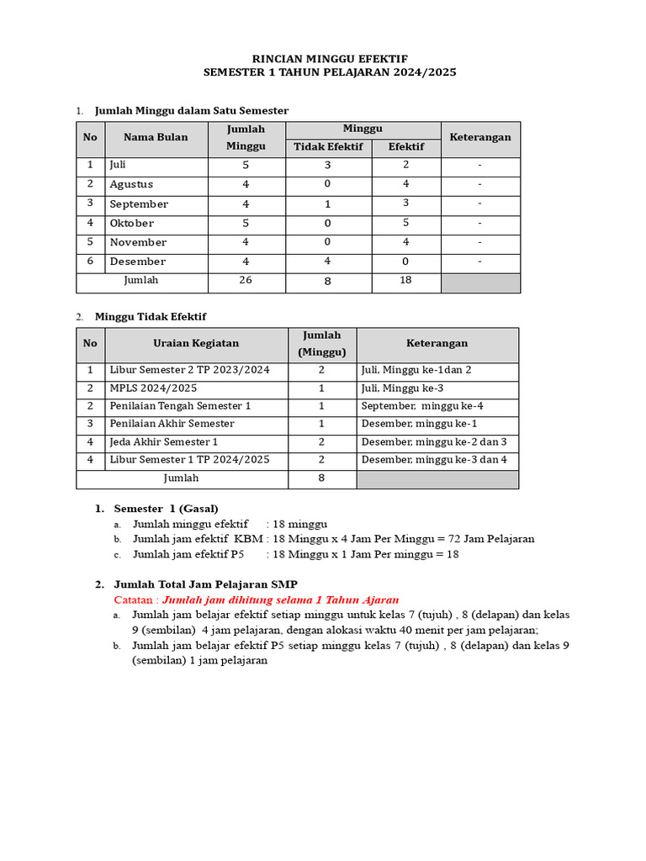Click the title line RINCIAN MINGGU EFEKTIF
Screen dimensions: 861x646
(x=330, y=58)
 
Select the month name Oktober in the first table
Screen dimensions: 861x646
(x=131, y=224)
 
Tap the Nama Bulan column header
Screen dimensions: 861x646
(x=156, y=138)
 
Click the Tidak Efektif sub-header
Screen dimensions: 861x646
(x=327, y=147)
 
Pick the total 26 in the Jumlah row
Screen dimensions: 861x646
(x=246, y=281)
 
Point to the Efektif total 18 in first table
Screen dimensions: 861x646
(x=405, y=281)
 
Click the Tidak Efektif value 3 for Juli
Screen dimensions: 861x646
(x=327, y=166)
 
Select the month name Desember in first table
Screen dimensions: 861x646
(x=137, y=262)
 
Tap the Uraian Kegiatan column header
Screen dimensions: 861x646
(x=196, y=343)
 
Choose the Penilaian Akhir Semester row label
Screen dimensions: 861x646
(x=172, y=424)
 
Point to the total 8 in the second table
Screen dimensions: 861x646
(x=321, y=478)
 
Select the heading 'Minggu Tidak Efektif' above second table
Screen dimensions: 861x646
(x=150, y=317)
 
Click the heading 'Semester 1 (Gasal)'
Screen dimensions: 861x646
(x=166, y=509)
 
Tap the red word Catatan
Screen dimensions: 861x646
(x=135, y=600)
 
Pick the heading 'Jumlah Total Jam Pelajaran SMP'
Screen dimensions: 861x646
(x=205, y=584)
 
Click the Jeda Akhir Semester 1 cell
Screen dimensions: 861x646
(x=163, y=442)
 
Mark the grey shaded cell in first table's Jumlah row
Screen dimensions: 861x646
(x=480, y=283)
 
